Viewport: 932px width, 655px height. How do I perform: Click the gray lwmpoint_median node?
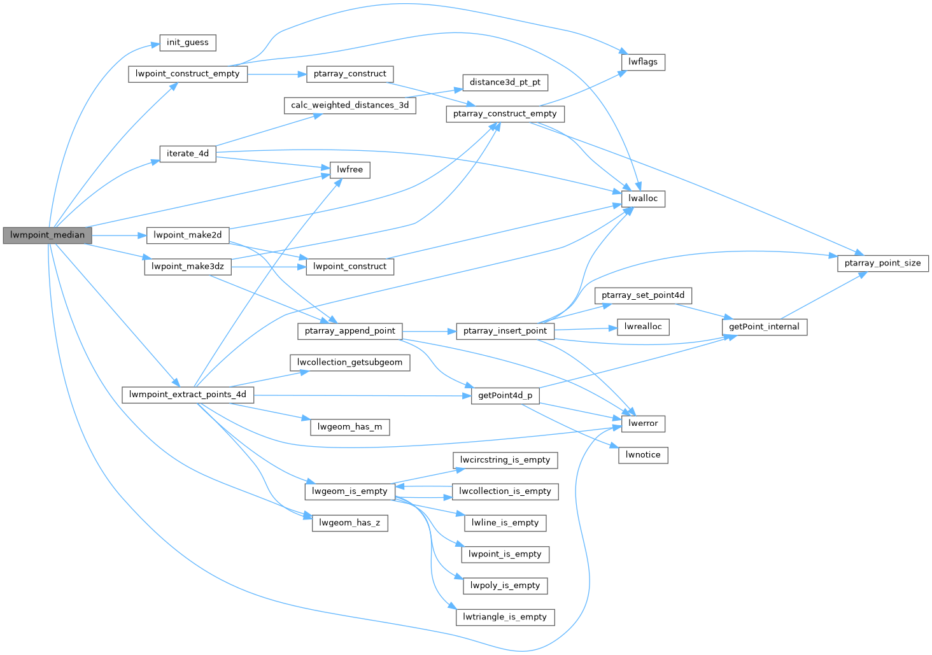[x=47, y=235]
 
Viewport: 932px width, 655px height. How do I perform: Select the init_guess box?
[x=187, y=43]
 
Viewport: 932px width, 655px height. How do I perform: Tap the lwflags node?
[x=643, y=62]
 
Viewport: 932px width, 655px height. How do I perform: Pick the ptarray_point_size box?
[x=882, y=263]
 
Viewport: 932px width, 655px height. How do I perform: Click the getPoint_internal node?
[x=764, y=327]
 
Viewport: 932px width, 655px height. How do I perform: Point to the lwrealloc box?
[x=643, y=327]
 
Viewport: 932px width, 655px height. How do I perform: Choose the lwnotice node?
[x=643, y=454]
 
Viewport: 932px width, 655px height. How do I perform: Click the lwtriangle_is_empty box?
[x=505, y=617]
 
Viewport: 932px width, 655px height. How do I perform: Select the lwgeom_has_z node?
[x=349, y=523]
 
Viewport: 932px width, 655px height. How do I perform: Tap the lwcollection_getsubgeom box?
[x=349, y=362]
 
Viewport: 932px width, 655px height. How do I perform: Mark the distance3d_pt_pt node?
[x=505, y=82]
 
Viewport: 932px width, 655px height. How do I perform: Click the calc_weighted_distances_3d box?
[x=349, y=105]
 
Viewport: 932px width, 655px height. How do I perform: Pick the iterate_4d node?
[x=187, y=153]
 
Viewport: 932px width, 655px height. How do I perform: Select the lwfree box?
[x=349, y=169]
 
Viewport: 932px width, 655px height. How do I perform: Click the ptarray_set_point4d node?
[x=643, y=295]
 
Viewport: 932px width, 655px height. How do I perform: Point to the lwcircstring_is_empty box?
[x=505, y=460]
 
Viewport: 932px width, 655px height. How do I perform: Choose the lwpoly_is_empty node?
[x=505, y=586]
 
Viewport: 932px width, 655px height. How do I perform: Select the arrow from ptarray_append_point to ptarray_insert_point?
[x=429, y=331]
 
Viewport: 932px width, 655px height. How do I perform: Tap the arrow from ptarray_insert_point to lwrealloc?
[x=586, y=329]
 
